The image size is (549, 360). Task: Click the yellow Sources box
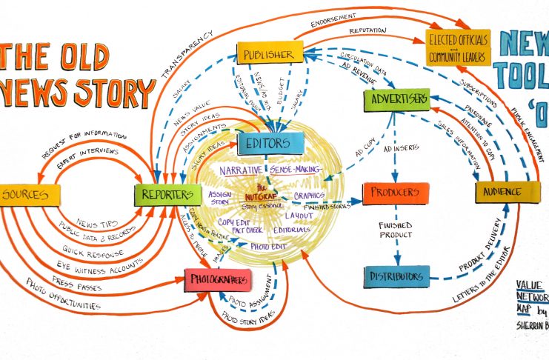coord(29,195)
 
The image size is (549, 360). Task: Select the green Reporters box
coord(167,195)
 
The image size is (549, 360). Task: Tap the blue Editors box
coord(270,144)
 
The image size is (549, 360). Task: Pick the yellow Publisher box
coord(270,53)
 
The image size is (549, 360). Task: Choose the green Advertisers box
coord(396,99)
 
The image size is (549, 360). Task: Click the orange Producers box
coord(396,193)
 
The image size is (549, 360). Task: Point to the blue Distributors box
coord(396,277)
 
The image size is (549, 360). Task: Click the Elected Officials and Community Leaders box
coord(459,48)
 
